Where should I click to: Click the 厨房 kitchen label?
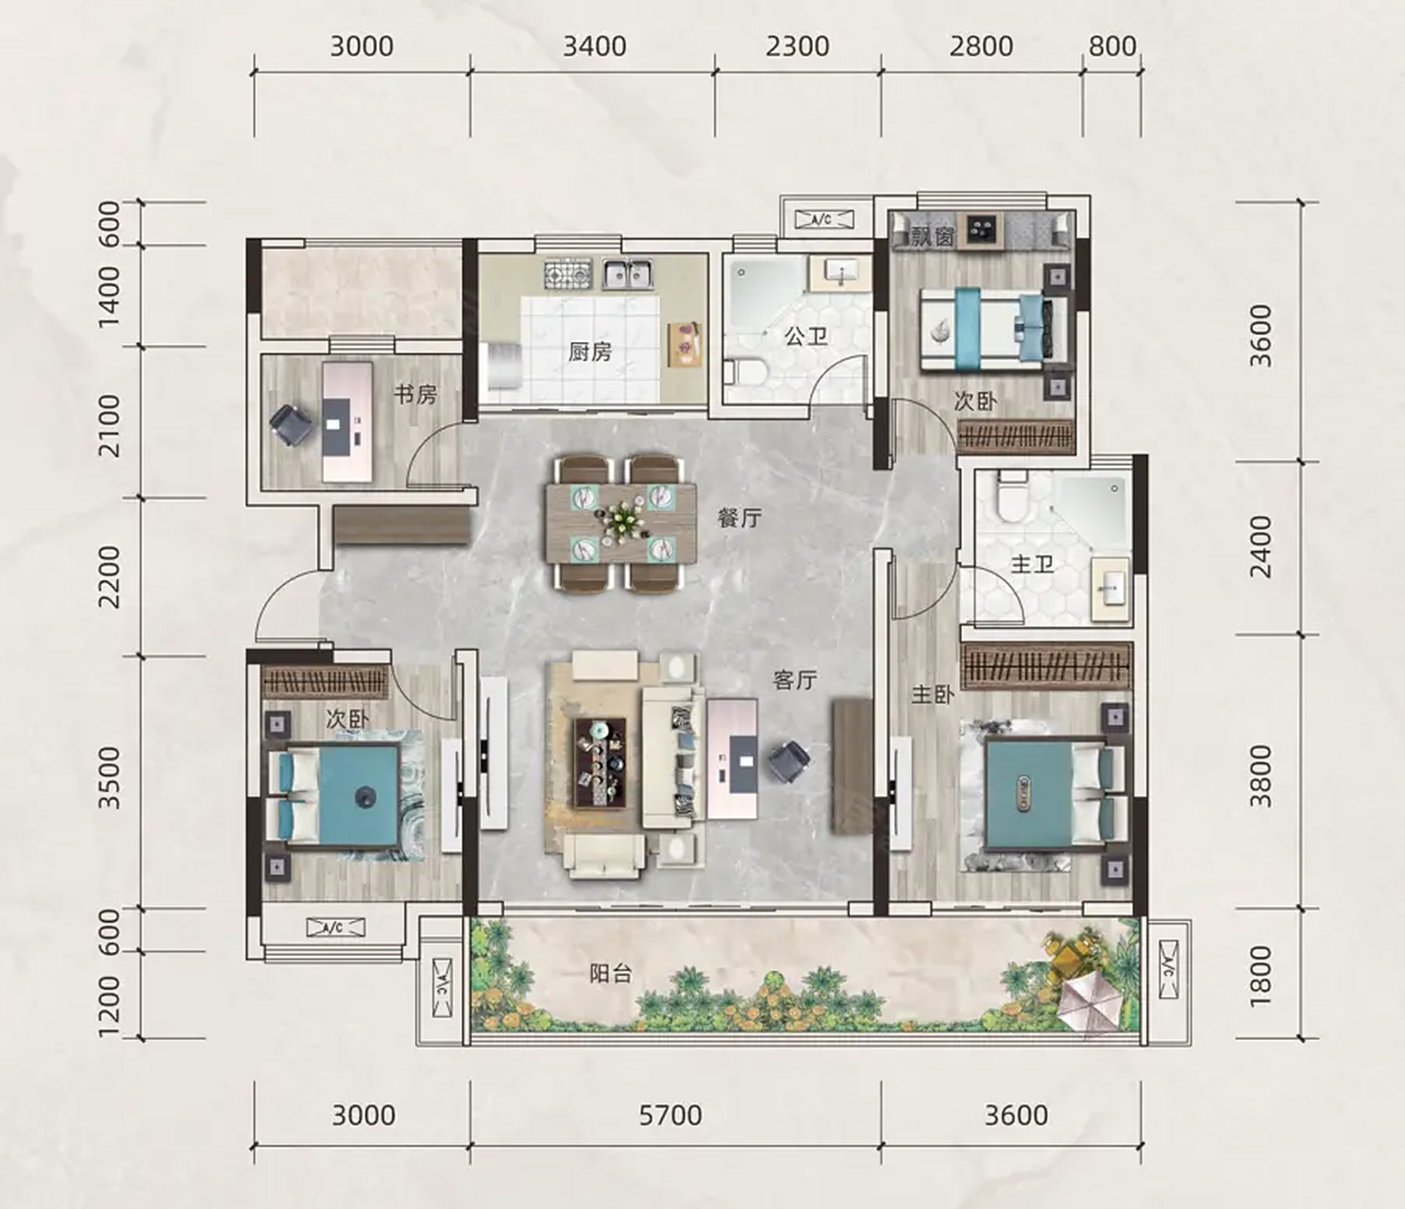pos(590,351)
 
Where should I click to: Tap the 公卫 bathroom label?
pos(807,336)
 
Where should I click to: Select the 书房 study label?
pos(415,395)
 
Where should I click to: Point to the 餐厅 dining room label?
pos(740,519)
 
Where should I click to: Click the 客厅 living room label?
pos(795,679)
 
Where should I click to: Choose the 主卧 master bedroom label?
pos(933,694)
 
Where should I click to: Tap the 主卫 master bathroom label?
pos(1032,564)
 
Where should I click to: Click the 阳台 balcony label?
pos(610,975)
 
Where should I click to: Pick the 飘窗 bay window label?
pos(933,235)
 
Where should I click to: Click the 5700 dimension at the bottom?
pos(670,1115)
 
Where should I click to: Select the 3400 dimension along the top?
pos(595,46)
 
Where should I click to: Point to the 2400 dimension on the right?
pos(1261,547)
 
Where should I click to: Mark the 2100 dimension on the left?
pos(109,426)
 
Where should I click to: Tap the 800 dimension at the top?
pos(1112,46)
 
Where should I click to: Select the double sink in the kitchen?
pos(627,274)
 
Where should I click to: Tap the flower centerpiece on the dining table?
pos(621,521)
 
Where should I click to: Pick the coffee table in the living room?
pos(601,763)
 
